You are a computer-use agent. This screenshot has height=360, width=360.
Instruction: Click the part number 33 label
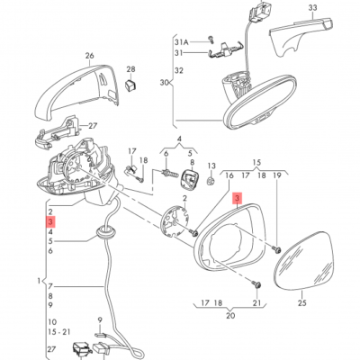(313, 10)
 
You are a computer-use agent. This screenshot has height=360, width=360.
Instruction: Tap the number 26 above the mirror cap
(89, 56)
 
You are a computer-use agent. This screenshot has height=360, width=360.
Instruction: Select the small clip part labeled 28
(130, 85)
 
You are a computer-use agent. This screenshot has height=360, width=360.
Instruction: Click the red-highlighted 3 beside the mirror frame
(237, 201)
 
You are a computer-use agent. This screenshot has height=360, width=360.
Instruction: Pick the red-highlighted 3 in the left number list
(51, 220)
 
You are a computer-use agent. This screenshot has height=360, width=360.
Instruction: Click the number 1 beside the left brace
(39, 281)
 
